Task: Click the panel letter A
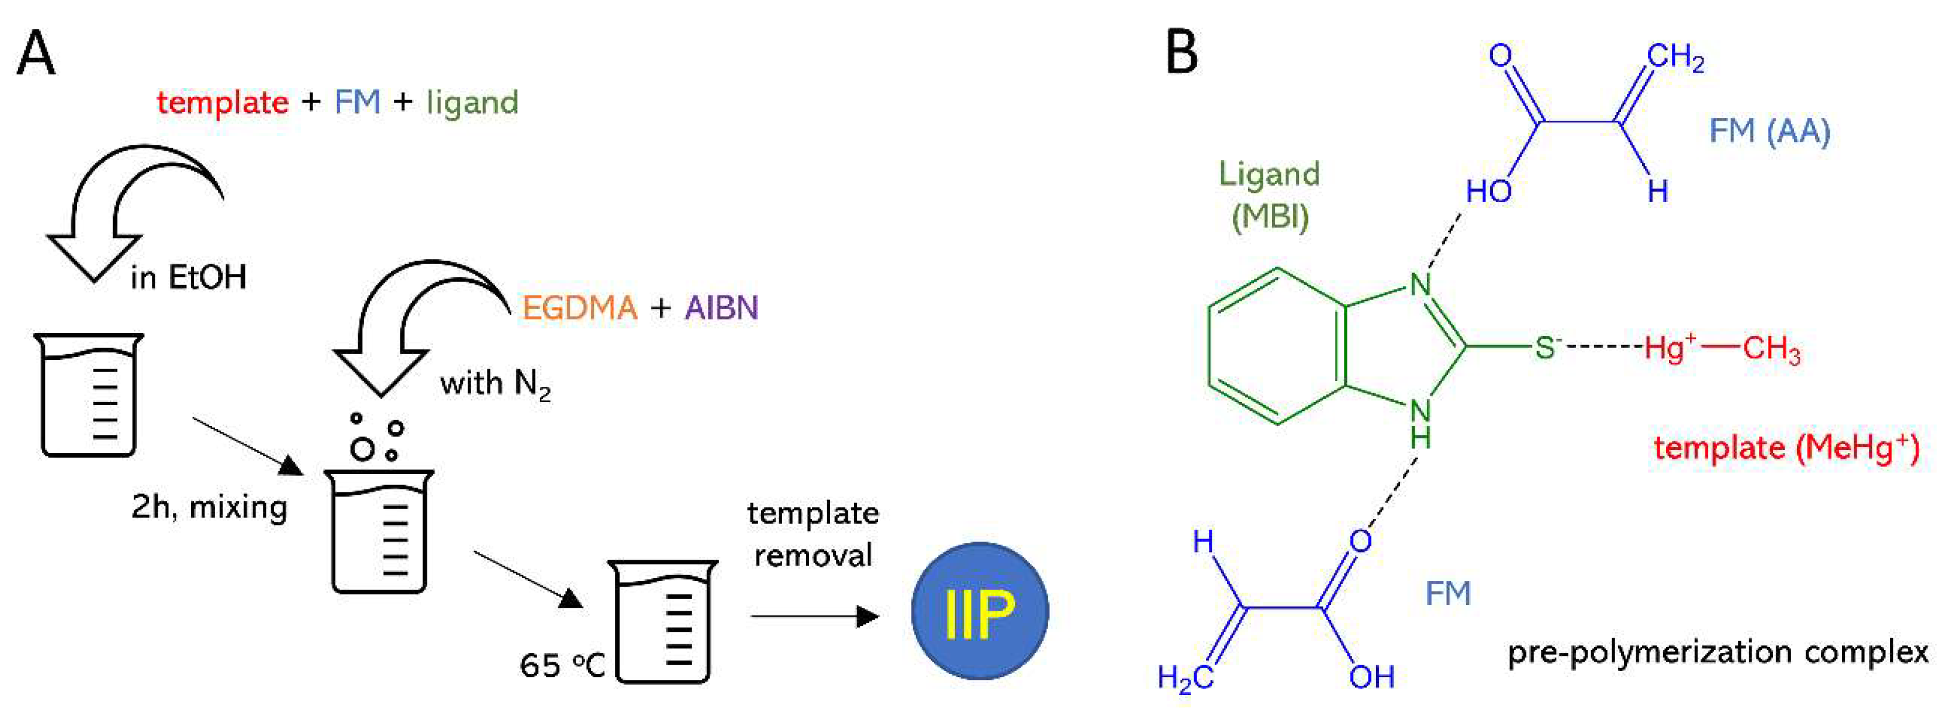coord(36,53)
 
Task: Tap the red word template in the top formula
coord(223,102)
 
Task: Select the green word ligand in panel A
coord(472,102)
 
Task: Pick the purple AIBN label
coord(721,308)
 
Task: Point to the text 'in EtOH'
coord(188,278)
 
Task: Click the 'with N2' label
coord(495,384)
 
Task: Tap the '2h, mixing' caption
coord(209,506)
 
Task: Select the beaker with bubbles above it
coord(379,530)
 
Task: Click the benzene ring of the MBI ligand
coord(1277,346)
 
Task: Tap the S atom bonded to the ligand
coord(1545,348)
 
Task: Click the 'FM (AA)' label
coord(1769,131)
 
